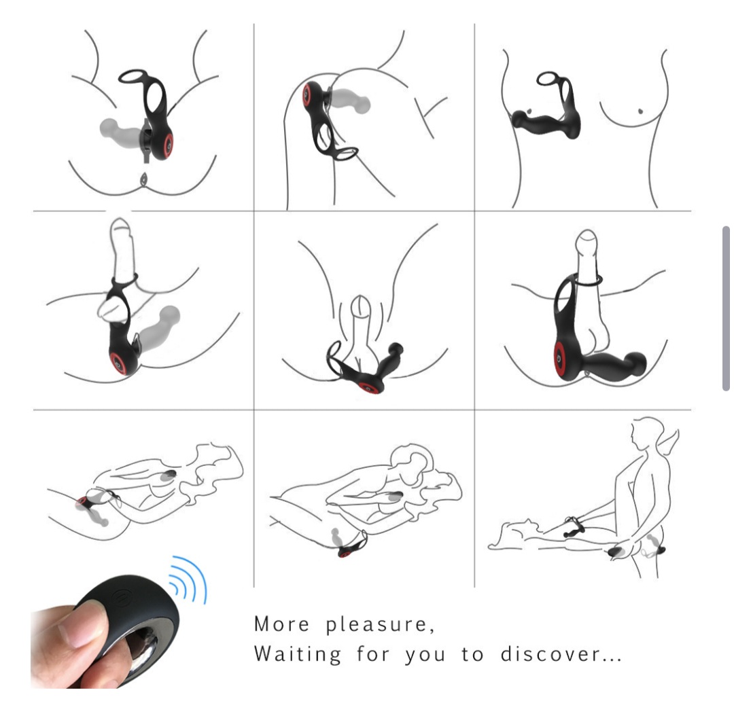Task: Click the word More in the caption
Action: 281,624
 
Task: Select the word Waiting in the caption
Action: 297,653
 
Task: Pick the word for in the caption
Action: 373,653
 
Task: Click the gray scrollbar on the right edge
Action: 726,308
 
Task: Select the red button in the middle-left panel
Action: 118,363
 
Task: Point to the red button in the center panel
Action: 368,388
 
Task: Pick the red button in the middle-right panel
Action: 560,359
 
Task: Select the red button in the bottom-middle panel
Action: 345,554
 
